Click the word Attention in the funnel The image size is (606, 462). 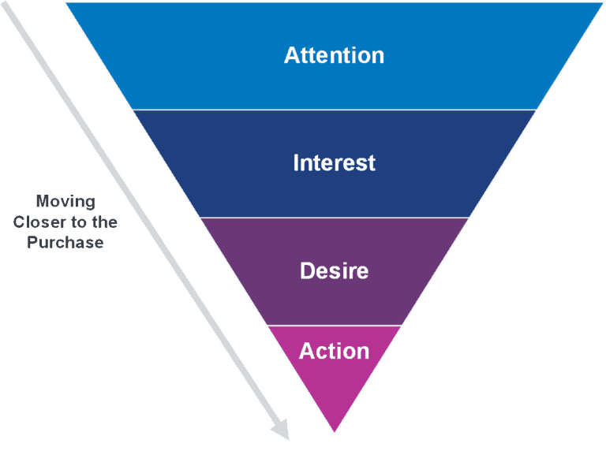coord(334,55)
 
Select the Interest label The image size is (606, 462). coord(334,163)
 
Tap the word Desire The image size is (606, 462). coord(334,271)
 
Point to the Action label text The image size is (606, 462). coord(334,351)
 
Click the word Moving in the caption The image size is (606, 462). coord(65,202)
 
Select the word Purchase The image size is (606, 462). coord(65,243)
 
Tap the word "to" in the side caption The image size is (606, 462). coord(82,222)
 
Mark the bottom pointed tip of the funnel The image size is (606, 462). coord(335,431)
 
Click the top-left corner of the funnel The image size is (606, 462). coord(65,3)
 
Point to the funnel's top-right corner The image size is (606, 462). coord(602,3)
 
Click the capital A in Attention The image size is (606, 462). coord(291,55)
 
